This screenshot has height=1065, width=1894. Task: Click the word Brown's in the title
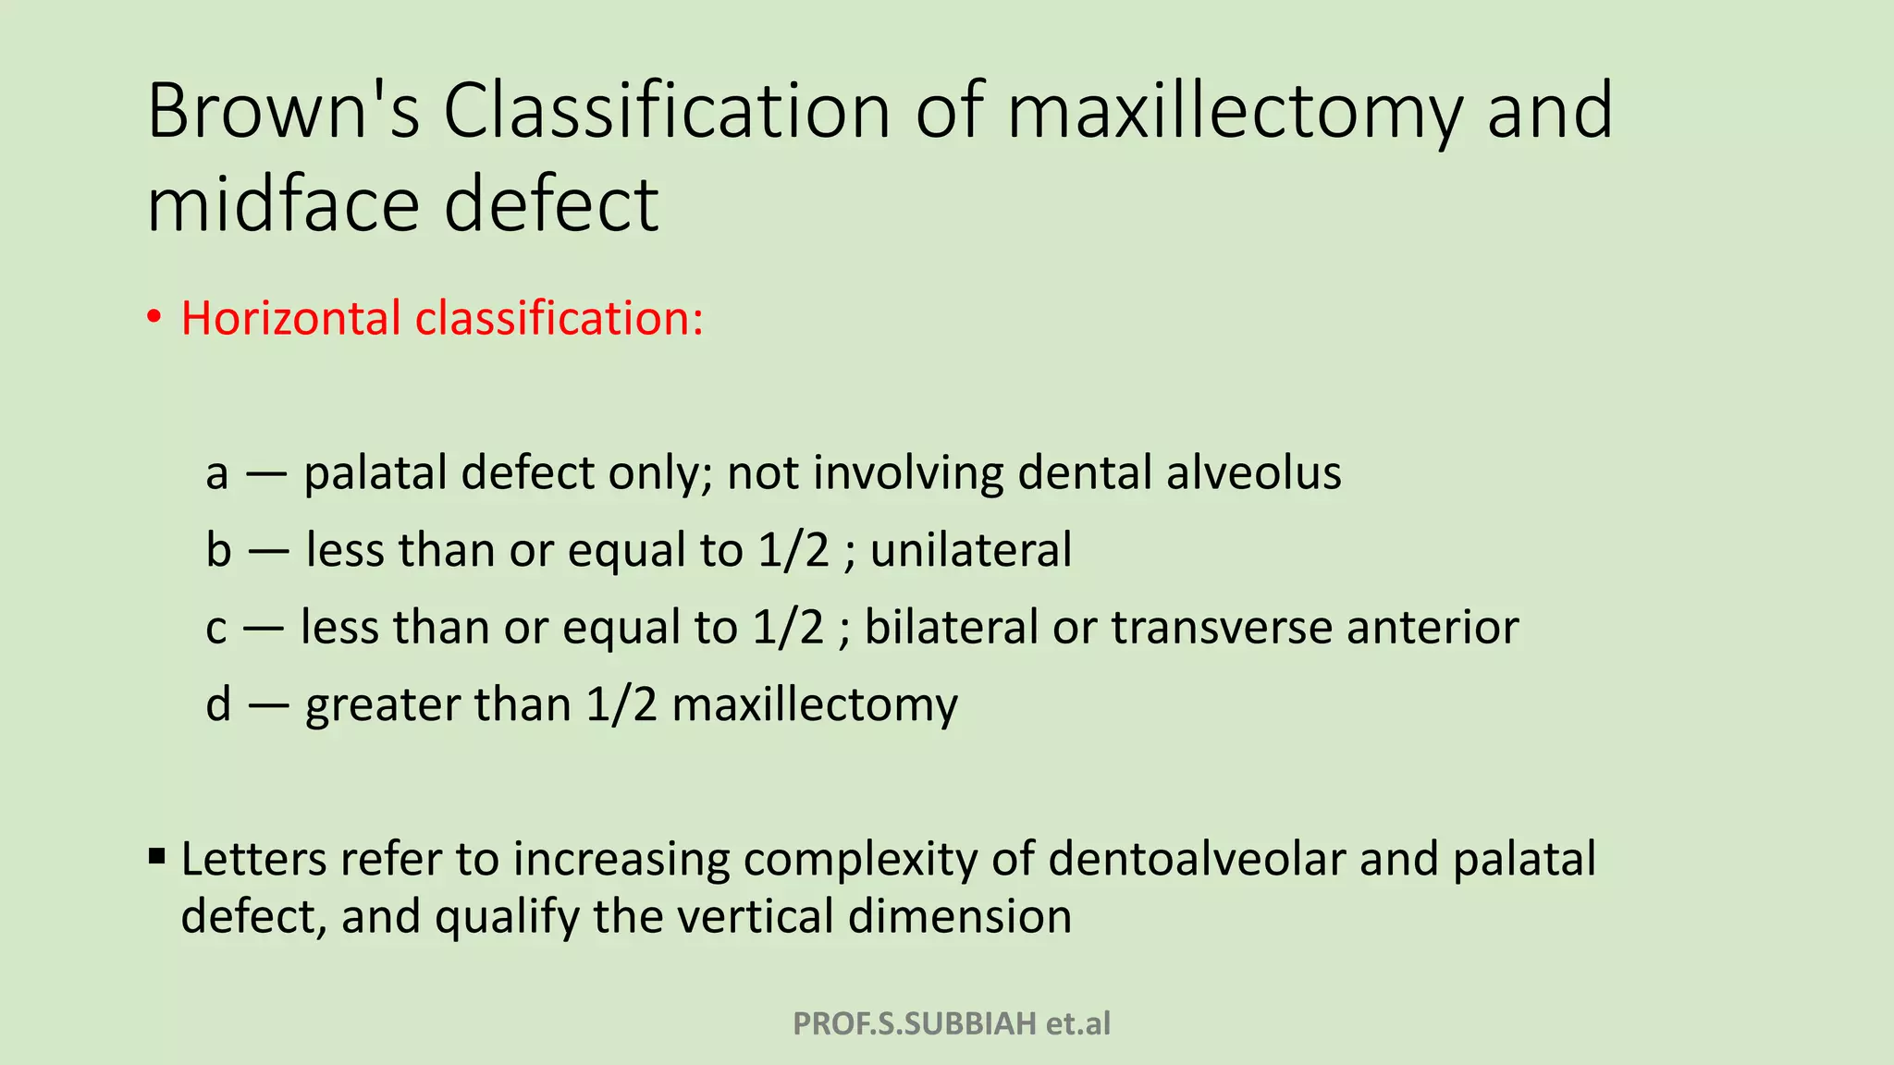point(283,111)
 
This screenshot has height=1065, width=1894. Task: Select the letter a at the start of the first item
point(216,473)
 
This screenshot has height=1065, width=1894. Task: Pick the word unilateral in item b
point(970,550)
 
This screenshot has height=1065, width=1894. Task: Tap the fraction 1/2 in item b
point(793,550)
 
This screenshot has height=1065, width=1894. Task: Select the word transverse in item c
point(1221,628)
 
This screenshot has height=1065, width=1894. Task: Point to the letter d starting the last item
point(218,704)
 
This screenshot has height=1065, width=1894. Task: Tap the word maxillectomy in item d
point(814,706)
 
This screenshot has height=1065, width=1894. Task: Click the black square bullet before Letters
point(156,856)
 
